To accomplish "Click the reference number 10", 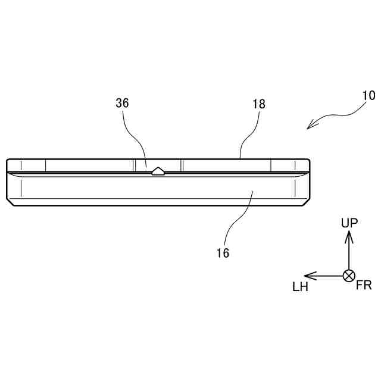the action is pos(368,95).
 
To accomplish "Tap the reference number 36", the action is pos(122,103).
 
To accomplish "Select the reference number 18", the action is pos(259,104).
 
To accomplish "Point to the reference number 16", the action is pos(223,252).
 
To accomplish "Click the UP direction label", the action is pos(349,223).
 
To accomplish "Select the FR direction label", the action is pos(364,286).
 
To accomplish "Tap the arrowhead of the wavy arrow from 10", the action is pos(309,126).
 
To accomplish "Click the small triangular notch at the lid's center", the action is pos(158,171).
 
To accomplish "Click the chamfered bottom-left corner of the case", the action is pos(10,203).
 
